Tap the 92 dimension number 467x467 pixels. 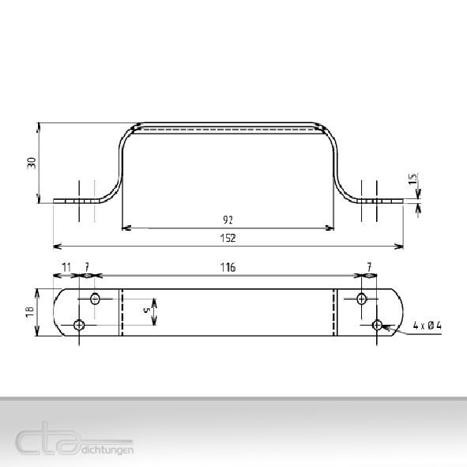coord(228,219)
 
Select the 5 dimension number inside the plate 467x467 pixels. coord(146,311)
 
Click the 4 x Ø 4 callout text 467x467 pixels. coord(427,326)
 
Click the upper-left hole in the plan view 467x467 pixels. coord(96,299)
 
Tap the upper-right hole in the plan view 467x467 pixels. coord(362,299)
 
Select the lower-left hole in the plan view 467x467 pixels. coord(79,325)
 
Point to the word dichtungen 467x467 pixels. coord(107,450)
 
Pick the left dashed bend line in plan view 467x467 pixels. coord(121,312)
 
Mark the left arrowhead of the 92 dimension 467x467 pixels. coord(125,228)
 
